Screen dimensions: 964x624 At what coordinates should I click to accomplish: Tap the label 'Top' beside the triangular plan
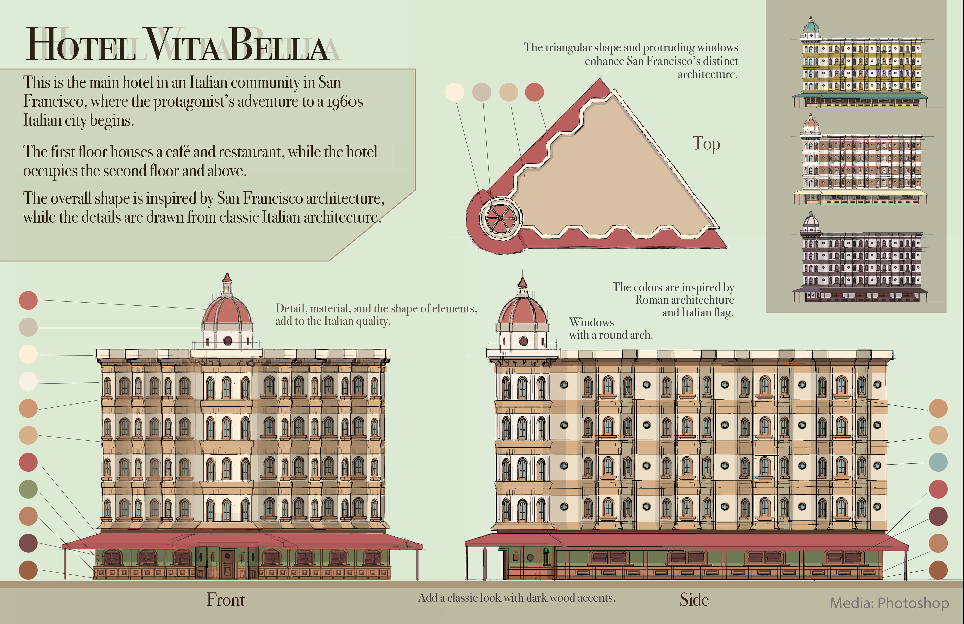pos(706,144)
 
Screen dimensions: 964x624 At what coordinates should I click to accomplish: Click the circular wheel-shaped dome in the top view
pos(501,218)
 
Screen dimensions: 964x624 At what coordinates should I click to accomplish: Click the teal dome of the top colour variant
pos(811,27)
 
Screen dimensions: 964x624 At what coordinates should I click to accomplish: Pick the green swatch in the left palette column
pos(28,489)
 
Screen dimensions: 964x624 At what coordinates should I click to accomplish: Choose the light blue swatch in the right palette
pos(938,462)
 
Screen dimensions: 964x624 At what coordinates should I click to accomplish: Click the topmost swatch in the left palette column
pos(28,300)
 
